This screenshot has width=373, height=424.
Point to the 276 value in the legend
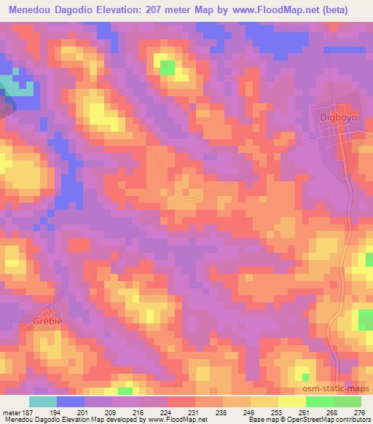coord(359,412)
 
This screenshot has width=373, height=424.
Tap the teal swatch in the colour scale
coord(42,402)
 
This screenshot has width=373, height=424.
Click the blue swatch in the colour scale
coord(70,402)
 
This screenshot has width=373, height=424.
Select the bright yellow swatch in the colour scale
coord(291,402)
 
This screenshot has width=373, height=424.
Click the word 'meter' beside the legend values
coord(9,412)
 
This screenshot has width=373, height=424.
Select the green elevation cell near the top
coord(167,68)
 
